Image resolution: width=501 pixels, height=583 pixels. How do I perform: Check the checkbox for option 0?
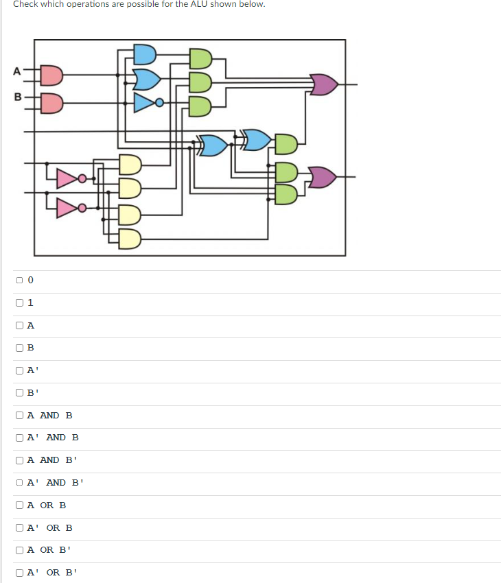click(x=20, y=280)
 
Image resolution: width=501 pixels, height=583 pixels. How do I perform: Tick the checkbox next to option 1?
click(x=20, y=302)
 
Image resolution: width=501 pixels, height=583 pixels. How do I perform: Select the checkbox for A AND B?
click(x=20, y=415)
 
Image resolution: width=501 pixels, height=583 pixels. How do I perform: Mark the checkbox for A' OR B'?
click(x=20, y=572)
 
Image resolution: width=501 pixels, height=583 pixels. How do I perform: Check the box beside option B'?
click(x=20, y=393)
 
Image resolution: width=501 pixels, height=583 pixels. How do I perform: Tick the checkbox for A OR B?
click(x=20, y=505)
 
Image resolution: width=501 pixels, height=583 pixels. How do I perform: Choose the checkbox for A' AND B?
click(x=20, y=438)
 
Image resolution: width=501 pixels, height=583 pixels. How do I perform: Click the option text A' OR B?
click(x=50, y=527)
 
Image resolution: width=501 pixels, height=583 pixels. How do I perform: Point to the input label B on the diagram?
click(x=15, y=97)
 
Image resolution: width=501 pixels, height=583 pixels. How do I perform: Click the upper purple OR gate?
click(x=325, y=85)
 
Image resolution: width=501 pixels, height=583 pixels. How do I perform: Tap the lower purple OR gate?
click(x=323, y=177)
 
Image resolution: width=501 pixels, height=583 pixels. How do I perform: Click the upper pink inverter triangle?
click(x=67, y=179)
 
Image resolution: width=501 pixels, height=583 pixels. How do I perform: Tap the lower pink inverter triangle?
click(x=67, y=206)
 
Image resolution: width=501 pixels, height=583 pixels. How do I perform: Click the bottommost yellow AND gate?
click(x=130, y=239)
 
